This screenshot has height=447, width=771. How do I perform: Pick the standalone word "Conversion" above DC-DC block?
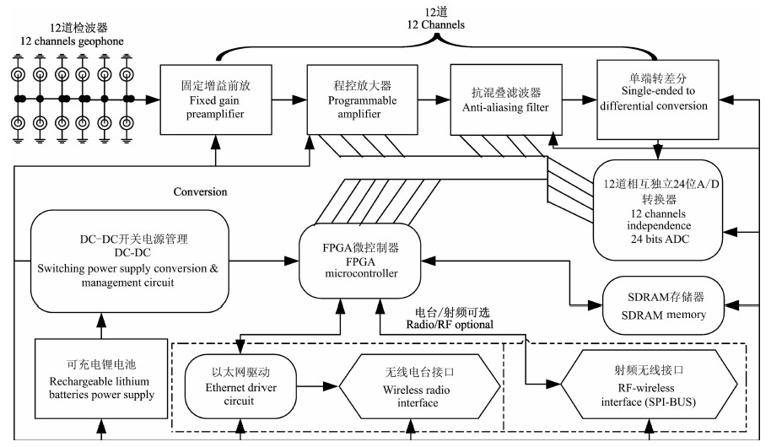200,191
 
